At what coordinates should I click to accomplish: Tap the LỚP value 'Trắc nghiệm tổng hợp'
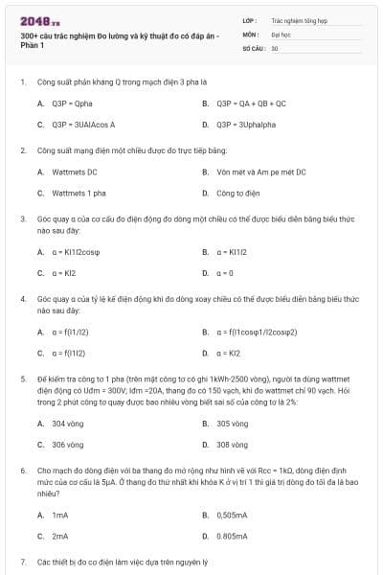pyautogui.click(x=296, y=19)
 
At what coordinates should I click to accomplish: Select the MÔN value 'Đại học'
pyautogui.click(x=280, y=33)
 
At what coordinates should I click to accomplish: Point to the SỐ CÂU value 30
pyautogui.click(x=275, y=47)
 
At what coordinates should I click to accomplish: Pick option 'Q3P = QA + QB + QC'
pyautogui.click(x=251, y=103)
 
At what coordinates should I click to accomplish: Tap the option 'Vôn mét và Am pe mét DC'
pyautogui.click(x=248, y=172)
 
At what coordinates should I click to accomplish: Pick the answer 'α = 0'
pyautogui.click(x=227, y=273)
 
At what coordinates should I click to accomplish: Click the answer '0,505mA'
pyautogui.click(x=233, y=514)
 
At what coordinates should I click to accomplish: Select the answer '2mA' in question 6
pyautogui.click(x=60, y=536)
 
